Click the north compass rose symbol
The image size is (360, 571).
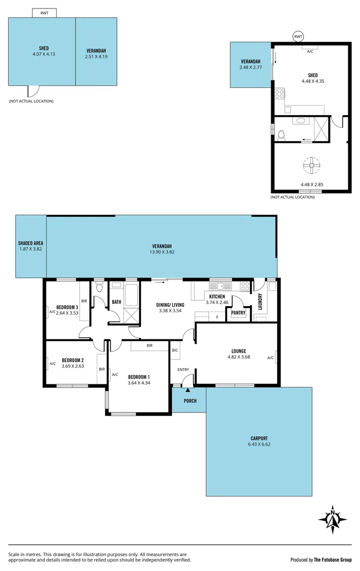point(333,519)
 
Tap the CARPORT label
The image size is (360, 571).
point(259,438)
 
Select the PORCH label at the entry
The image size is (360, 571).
point(190,401)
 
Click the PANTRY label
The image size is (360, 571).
point(238,312)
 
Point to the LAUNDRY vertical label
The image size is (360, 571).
point(260,302)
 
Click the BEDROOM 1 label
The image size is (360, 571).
point(138,376)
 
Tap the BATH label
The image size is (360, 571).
point(116,302)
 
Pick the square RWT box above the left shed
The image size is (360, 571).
point(44,13)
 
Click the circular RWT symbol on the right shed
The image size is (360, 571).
point(299,36)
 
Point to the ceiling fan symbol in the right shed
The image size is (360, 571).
point(312,165)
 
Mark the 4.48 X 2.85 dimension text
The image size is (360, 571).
point(311,185)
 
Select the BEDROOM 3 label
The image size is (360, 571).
point(67,307)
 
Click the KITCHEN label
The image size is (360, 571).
point(217,297)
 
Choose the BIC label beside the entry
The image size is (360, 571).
point(175,350)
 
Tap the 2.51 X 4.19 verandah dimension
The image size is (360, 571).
point(96,56)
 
